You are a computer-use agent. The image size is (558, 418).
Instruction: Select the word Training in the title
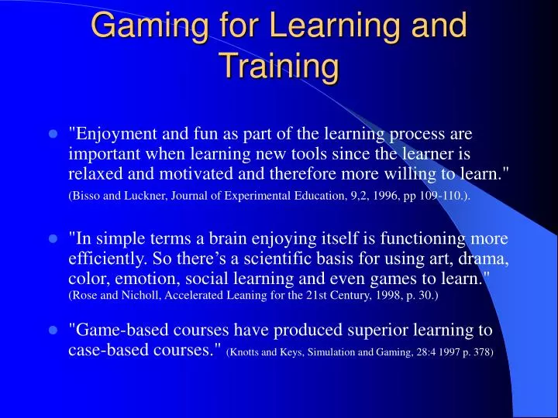(279, 66)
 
